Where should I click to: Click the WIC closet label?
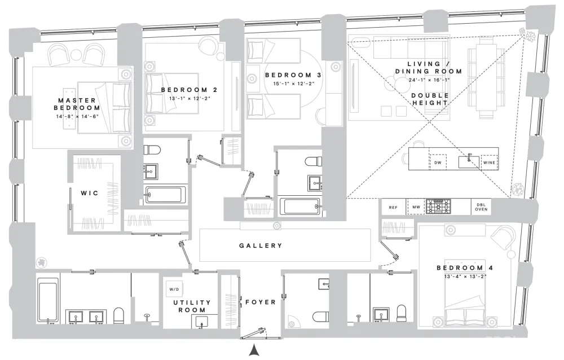[89, 193]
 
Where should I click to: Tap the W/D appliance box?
[174, 289]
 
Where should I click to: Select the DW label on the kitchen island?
[438, 163]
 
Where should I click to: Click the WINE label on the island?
[489, 163]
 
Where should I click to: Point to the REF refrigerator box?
[394, 207]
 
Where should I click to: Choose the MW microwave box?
[416, 207]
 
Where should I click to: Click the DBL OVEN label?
[481, 207]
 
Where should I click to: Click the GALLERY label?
[261, 245]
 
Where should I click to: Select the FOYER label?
[261, 302]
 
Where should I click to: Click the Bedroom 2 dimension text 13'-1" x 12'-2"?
[190, 98]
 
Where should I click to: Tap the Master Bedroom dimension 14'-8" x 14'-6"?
[77, 116]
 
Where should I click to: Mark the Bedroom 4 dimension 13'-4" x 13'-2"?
[465, 276]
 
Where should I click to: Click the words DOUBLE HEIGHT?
[430, 99]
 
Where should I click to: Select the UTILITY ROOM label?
[192, 306]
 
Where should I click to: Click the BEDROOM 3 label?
[293, 75]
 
